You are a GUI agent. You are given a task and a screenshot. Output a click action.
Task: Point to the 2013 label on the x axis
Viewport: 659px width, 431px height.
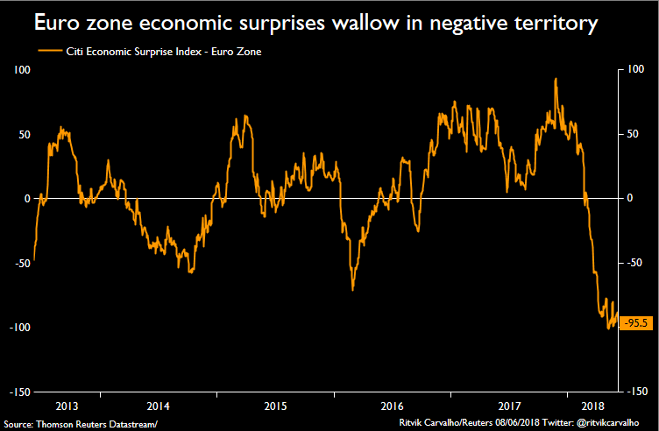click(65, 406)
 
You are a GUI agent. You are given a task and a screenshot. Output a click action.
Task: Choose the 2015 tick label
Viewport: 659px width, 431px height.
click(276, 406)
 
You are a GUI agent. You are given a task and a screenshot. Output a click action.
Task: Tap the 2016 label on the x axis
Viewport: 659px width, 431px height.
click(393, 406)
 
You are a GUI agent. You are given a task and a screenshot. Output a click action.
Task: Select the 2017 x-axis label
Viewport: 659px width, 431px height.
click(510, 406)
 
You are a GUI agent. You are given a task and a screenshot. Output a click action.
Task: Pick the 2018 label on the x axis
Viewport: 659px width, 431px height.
click(592, 406)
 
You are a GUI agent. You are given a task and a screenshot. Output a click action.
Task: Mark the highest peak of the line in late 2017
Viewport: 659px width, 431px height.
click(556, 79)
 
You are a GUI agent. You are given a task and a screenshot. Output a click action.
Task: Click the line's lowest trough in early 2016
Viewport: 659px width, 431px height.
click(352, 289)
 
